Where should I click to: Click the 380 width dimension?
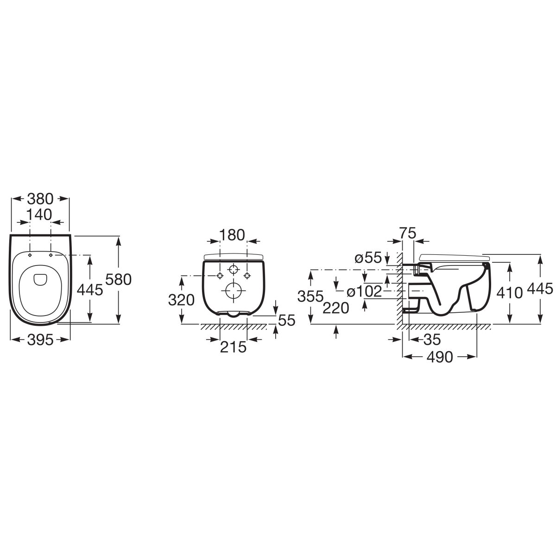click(x=40, y=199)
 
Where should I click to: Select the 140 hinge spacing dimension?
click(x=39, y=215)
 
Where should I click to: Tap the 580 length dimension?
click(x=118, y=279)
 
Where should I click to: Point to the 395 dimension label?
click(x=40, y=340)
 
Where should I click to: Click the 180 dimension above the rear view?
click(x=232, y=235)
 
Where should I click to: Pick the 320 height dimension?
click(x=181, y=300)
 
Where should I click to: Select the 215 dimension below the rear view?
click(x=233, y=347)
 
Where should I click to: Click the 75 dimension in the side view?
click(x=408, y=233)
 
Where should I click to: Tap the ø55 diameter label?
click(x=368, y=258)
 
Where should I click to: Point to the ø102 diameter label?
click(x=365, y=291)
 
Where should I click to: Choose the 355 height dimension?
click(x=310, y=297)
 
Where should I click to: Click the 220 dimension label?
click(x=336, y=308)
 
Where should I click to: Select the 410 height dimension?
click(x=510, y=293)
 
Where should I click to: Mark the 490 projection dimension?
click(x=440, y=357)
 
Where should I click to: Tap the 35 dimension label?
click(x=432, y=340)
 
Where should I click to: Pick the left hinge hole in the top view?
click(x=30, y=255)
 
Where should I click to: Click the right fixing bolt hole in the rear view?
click(x=247, y=276)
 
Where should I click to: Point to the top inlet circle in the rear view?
click(x=233, y=269)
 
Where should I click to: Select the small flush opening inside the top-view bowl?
click(x=39, y=279)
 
